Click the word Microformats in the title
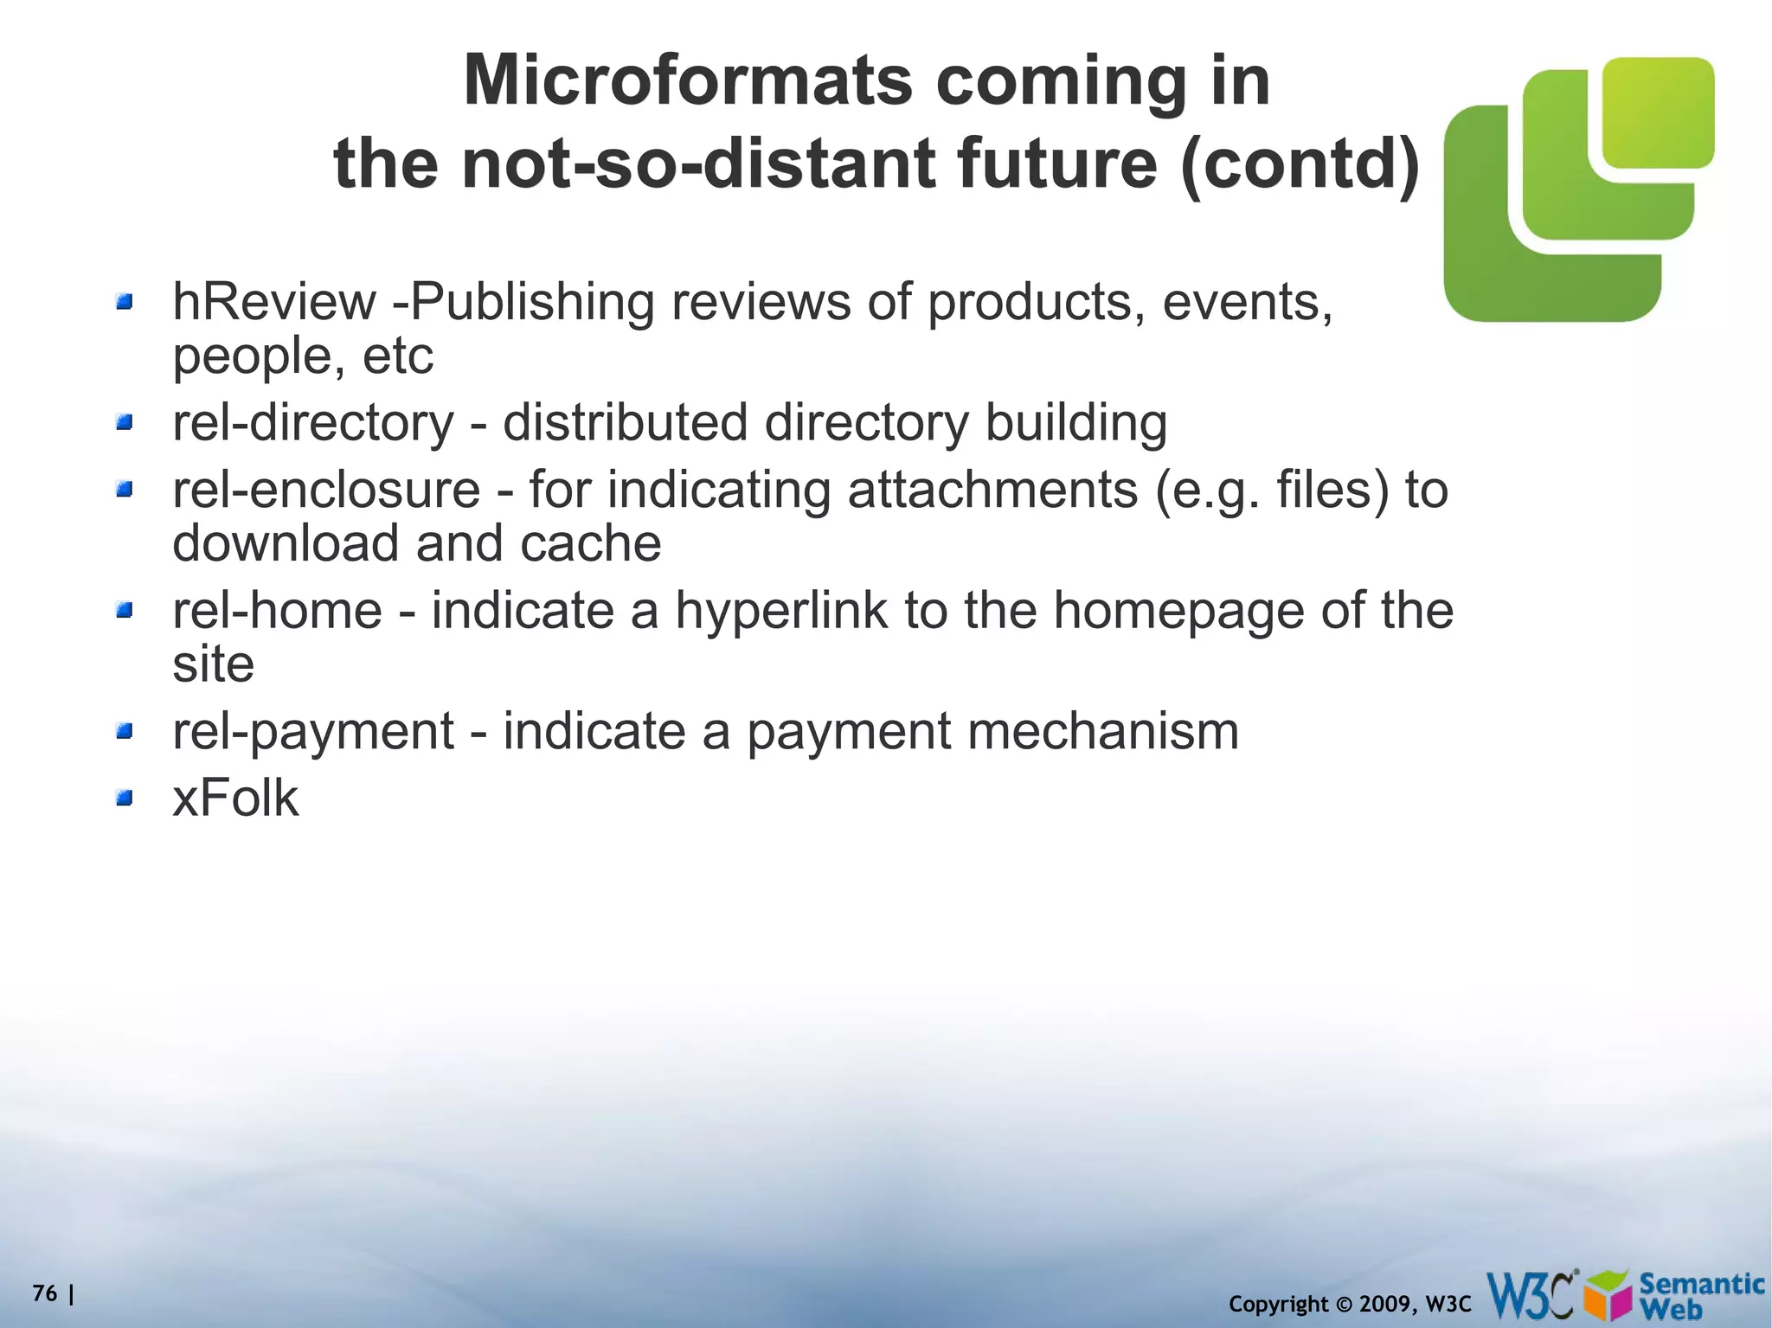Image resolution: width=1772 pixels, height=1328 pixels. pyautogui.click(x=687, y=80)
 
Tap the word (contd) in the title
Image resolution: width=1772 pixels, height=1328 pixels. pyautogui.click(x=1300, y=164)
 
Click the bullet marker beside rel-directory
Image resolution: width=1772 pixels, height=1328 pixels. pyautogui.click(x=125, y=422)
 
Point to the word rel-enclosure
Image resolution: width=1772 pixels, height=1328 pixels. pyautogui.click(x=326, y=490)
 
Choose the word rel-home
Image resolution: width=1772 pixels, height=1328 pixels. pyautogui.click(x=277, y=610)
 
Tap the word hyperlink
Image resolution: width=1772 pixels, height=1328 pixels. pyautogui.click(x=781, y=610)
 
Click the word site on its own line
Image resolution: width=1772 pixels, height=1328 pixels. pyautogui.click(x=213, y=664)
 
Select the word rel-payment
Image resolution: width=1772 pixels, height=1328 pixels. pyautogui.click(x=313, y=731)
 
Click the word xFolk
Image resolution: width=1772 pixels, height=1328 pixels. pyautogui.click(x=235, y=798)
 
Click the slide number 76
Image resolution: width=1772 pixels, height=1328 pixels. pyautogui.click(x=45, y=1293)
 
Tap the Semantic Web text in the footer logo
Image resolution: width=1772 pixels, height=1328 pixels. pyautogui.click(x=1700, y=1295)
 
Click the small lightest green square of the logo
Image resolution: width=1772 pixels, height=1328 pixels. pyautogui.click(x=1657, y=112)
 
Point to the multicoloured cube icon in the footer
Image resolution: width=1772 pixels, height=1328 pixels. pyautogui.click(x=1609, y=1296)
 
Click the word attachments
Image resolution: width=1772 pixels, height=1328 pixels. pyautogui.click(x=992, y=490)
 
